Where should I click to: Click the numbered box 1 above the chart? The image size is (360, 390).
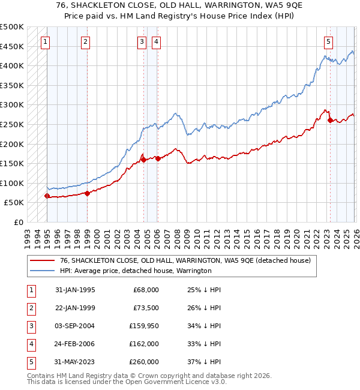point(46,42)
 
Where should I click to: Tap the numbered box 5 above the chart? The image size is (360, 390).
point(329,42)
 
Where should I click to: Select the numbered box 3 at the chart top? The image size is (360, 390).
point(142,42)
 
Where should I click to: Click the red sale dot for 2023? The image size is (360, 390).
point(330,121)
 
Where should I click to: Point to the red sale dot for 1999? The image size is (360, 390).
point(87,193)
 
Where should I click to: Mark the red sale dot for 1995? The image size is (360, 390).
point(47,196)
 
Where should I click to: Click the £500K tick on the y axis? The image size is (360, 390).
point(12,27)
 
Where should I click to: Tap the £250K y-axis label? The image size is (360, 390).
point(12,125)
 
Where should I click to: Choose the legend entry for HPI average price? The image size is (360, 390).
point(136,271)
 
